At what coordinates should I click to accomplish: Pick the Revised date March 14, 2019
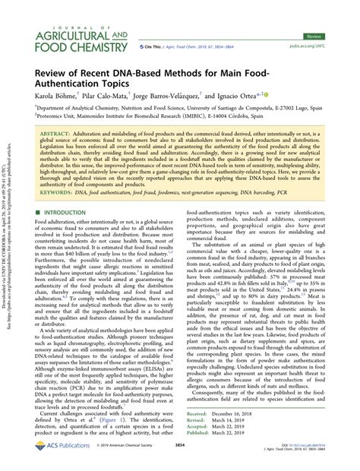(x=242, y=422)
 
